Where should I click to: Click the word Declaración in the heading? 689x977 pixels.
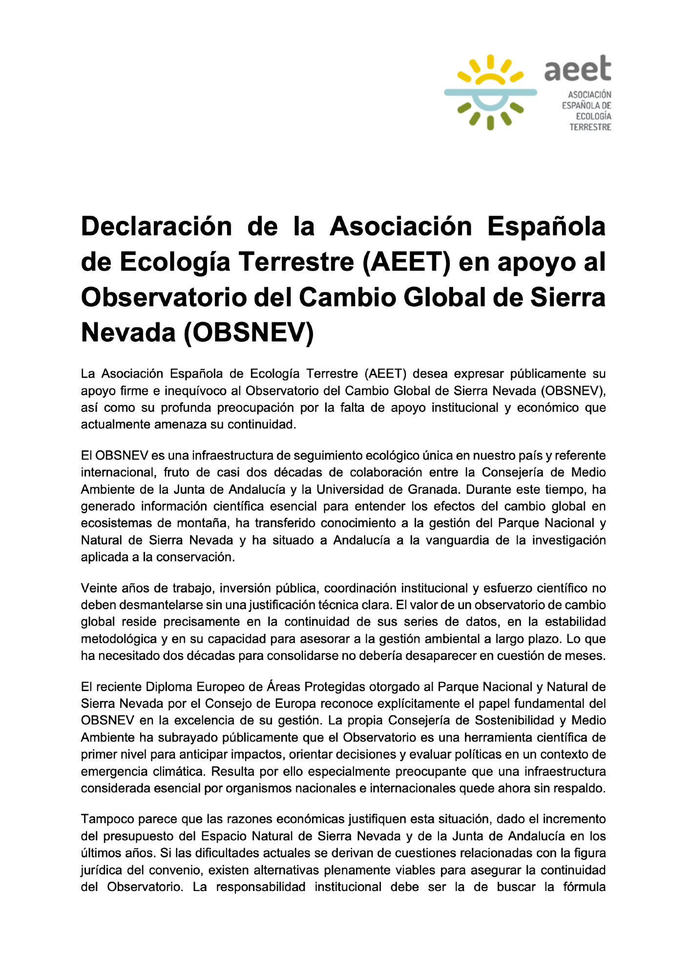pos(156,227)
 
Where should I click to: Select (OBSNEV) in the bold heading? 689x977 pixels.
pos(249,333)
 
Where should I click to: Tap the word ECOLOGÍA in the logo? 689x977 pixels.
pos(593,116)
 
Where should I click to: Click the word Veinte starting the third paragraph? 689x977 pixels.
pos(99,588)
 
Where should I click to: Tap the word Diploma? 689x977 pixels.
pos(169,687)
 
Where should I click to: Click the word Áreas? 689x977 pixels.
pos(284,687)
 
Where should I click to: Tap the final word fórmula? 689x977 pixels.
pos(584,887)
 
